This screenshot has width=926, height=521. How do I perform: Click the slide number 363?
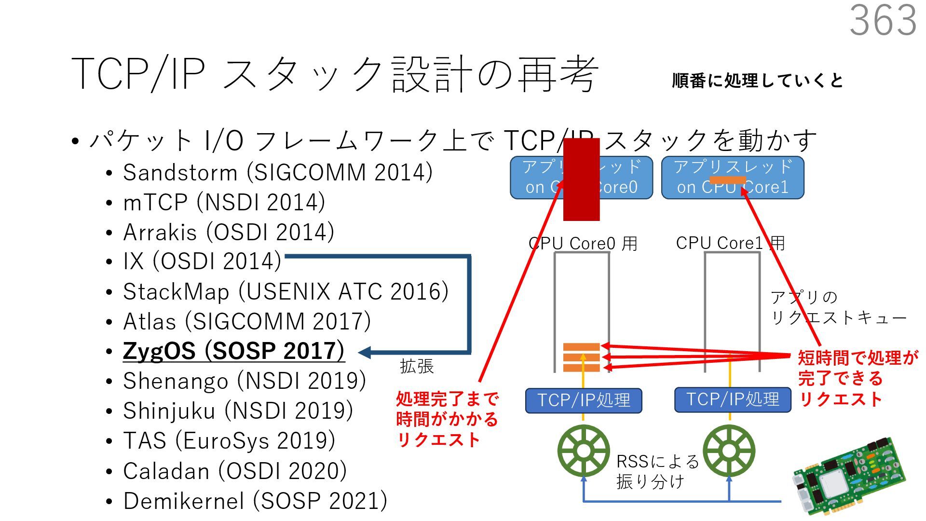click(883, 20)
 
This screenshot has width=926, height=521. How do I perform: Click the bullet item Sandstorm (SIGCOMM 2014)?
click(277, 173)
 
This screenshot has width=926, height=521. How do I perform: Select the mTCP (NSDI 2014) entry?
click(224, 203)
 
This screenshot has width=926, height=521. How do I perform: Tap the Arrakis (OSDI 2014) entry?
click(228, 233)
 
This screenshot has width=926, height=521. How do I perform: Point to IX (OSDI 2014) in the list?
click(202, 261)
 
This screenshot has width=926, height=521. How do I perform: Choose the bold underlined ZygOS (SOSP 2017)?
click(233, 351)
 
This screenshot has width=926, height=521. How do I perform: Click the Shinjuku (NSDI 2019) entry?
click(238, 411)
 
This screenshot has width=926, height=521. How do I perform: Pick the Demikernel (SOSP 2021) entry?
click(255, 501)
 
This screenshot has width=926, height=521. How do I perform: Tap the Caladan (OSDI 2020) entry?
click(234, 471)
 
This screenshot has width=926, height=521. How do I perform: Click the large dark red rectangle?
click(581, 179)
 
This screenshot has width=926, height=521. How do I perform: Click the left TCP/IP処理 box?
click(584, 400)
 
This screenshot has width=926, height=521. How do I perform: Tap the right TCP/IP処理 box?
click(733, 399)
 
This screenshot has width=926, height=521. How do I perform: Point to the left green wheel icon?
click(584, 451)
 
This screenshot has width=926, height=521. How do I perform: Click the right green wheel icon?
click(729, 451)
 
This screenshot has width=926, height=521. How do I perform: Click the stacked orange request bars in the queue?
click(581, 357)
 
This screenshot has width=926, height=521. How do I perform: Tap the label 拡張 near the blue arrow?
click(417, 367)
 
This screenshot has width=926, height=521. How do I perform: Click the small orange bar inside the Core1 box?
click(727, 180)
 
